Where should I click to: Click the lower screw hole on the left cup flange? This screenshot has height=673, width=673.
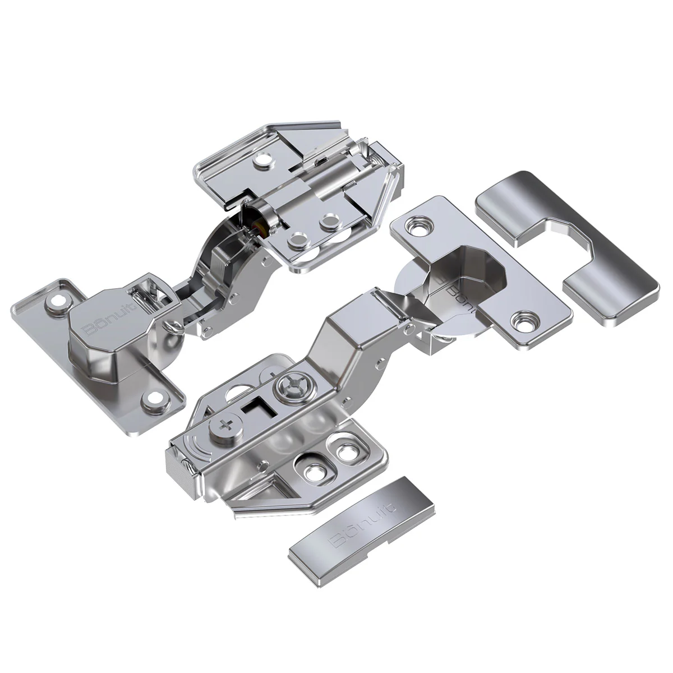[x=152, y=399]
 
